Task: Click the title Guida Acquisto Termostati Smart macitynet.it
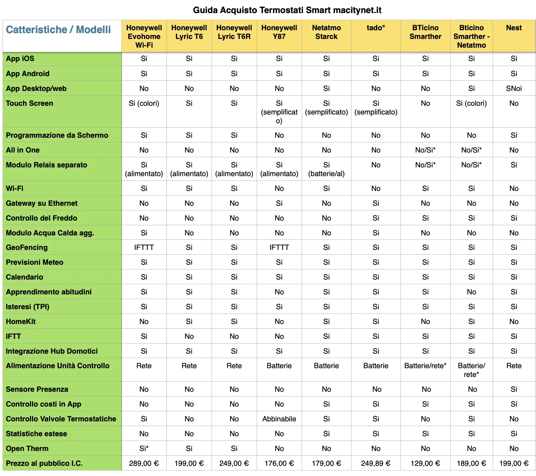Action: (287, 10)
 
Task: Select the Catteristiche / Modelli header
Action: (58, 30)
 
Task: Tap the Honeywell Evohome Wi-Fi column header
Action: (144, 36)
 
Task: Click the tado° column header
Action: (376, 28)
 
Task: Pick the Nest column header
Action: (514, 28)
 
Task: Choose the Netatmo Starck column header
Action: (326, 32)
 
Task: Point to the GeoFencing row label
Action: (27, 247)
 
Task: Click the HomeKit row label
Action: (21, 321)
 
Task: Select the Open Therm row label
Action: (27, 448)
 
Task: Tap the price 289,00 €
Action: (144, 463)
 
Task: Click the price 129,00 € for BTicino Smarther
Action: (425, 463)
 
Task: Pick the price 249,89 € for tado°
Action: (376, 463)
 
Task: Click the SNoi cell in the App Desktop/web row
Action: (514, 88)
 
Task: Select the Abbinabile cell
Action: (279, 419)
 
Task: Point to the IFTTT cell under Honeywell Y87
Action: (279, 247)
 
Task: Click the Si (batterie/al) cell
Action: (326, 169)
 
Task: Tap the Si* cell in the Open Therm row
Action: (144, 448)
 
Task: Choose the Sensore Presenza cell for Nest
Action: (514, 389)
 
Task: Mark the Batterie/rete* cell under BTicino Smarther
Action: (425, 366)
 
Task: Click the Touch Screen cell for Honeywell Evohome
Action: (144, 103)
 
